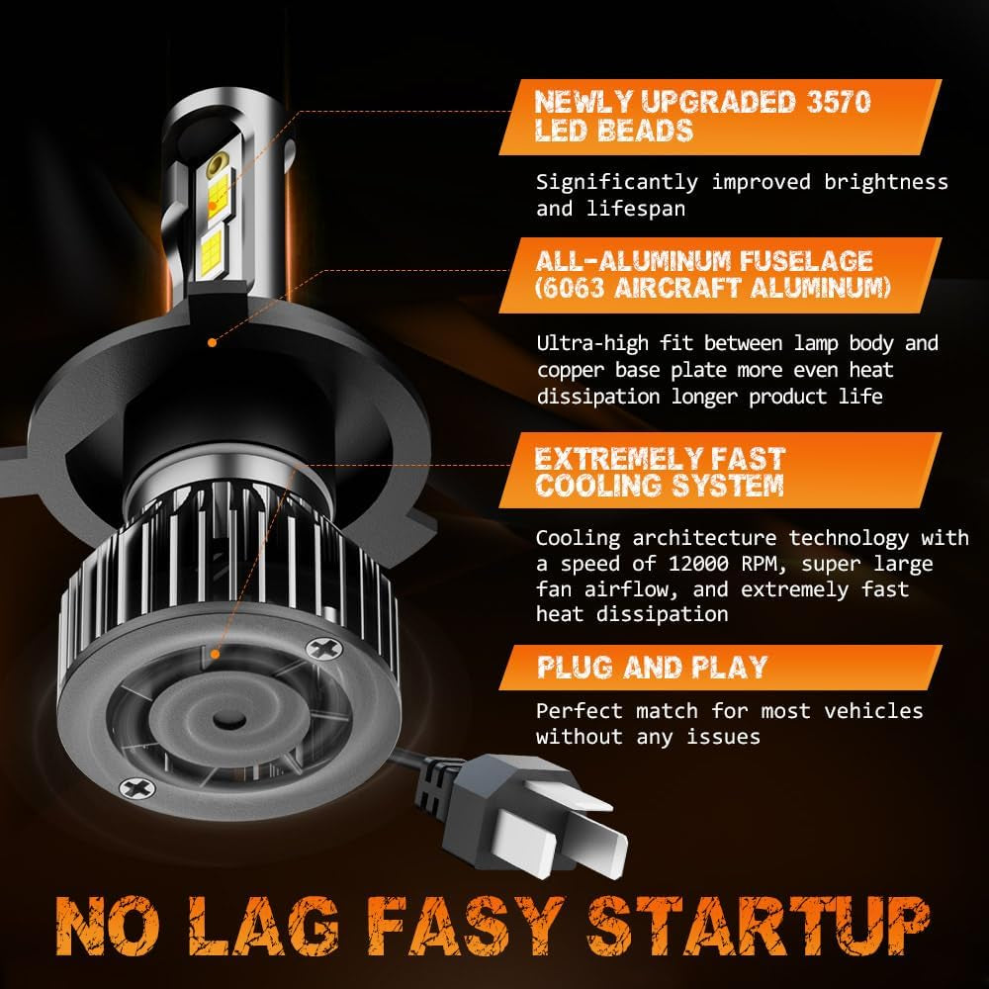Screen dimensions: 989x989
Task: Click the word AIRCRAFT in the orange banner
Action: (676, 288)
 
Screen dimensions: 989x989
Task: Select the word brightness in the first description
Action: (885, 182)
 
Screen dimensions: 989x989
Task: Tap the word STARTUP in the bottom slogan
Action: (758, 926)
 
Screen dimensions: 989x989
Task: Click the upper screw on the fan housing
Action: (324, 649)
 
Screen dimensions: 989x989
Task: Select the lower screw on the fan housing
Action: (137, 788)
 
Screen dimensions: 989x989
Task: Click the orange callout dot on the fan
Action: (215, 654)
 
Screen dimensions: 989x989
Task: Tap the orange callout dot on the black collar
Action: (213, 342)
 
